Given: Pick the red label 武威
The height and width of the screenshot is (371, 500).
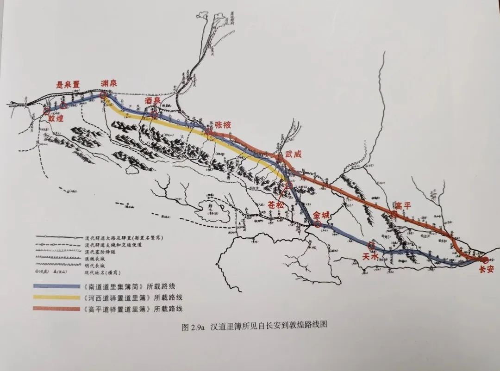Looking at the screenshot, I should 293,154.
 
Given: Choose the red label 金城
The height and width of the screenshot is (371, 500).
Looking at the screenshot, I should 323,215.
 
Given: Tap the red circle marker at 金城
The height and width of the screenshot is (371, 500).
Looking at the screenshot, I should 318,224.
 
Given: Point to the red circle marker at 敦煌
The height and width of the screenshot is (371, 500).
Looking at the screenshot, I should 46,111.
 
